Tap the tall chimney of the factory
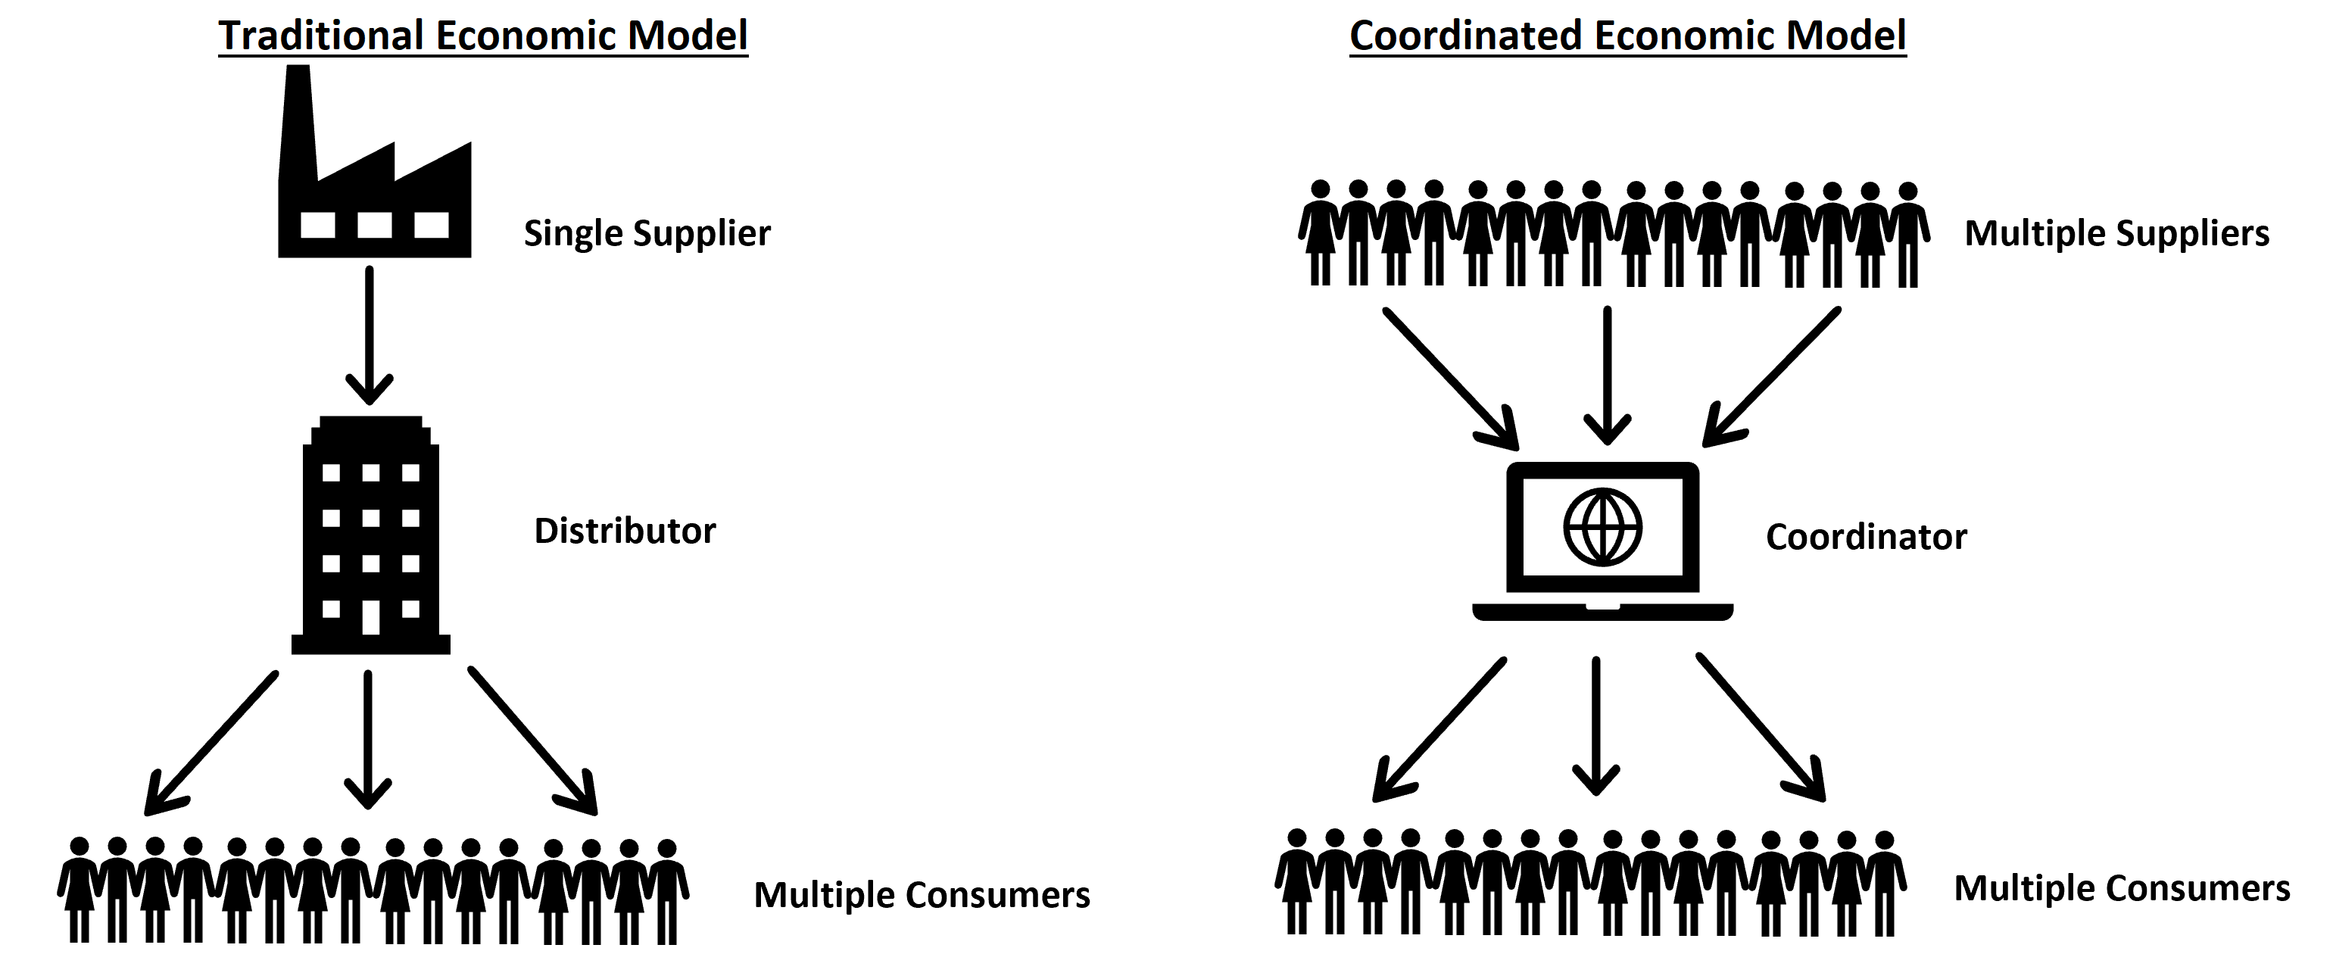coord(297,117)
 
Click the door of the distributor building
coord(370,616)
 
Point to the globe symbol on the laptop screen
coord(1602,527)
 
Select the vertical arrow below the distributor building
coord(368,738)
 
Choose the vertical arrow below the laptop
coord(1595,725)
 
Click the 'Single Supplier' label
coord(647,233)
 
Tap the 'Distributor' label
coord(625,531)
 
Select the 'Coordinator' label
coord(1866,537)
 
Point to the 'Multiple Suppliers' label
coord(2116,233)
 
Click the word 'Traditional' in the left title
coord(320,36)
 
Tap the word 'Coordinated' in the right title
coord(1464,36)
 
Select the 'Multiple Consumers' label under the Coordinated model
coord(2121,888)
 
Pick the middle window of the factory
coord(374,225)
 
